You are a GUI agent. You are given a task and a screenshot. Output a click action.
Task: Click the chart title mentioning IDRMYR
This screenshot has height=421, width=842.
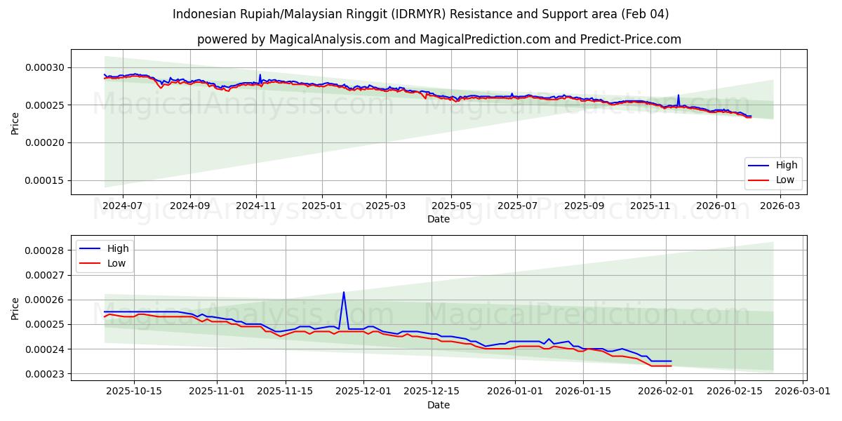coord(421,14)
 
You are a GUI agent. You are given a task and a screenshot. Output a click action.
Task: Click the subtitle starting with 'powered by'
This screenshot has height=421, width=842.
coord(439,39)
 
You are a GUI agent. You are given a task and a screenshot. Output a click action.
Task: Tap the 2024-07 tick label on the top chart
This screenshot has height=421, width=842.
coord(123,206)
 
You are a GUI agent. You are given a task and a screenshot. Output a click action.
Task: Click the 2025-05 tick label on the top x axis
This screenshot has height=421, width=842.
coord(451,206)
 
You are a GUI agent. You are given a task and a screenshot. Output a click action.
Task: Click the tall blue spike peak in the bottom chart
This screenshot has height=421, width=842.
coord(344,293)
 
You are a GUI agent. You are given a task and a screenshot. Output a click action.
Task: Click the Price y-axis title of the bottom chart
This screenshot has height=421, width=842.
coord(15,308)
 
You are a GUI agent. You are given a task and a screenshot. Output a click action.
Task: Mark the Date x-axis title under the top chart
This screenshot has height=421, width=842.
coord(439,219)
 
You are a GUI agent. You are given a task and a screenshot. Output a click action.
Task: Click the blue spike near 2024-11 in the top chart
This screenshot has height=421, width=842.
coord(260,74)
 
